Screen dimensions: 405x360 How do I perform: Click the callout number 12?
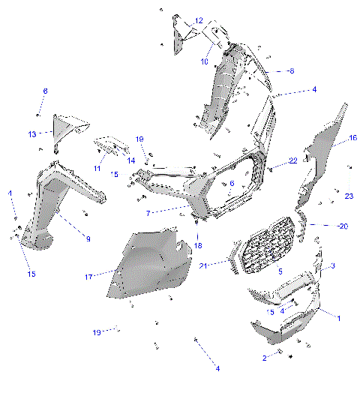pos(199,20)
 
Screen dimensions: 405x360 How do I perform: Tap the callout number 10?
pos(203,61)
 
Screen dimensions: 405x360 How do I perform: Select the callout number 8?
pos(291,70)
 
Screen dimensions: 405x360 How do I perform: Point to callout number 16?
pos(353,138)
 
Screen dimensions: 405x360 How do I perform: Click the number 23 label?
pos(349,196)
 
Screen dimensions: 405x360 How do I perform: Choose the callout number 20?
pos(343,226)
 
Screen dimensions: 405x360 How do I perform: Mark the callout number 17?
pos(88,277)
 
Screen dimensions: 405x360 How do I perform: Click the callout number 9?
pos(87,238)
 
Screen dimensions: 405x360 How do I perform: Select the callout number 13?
pos(32,134)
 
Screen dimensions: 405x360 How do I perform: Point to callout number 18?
pos(198,245)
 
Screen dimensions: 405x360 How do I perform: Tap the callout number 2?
pos(264,358)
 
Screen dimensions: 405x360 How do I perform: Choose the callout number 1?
pos(338,318)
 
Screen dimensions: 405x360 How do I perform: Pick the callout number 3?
pos(332,266)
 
